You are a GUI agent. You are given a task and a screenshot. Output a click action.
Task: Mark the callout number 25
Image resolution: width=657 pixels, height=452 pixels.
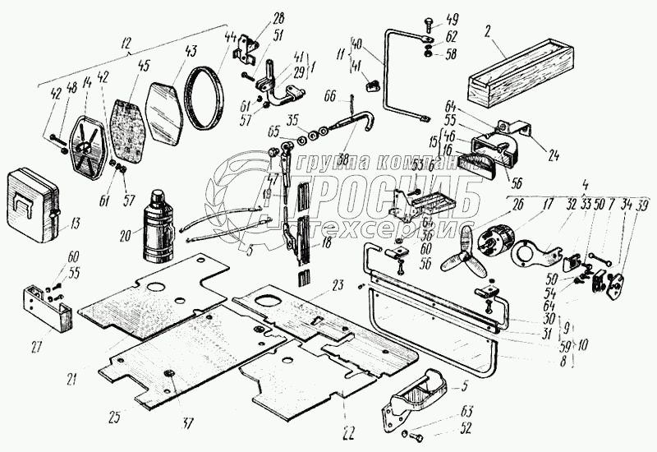click(x=113, y=417)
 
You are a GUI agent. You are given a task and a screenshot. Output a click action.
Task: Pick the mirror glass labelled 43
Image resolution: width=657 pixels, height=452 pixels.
click(x=165, y=108)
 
